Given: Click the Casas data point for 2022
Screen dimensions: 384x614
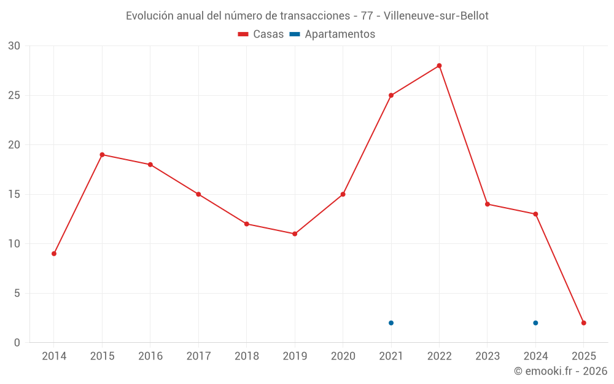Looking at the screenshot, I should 439,66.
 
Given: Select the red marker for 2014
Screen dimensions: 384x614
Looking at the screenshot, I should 54,254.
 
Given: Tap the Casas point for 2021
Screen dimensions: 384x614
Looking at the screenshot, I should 391,95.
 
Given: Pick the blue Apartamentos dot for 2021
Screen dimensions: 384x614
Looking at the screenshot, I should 391,323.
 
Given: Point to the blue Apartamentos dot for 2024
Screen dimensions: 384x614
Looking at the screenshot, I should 535,323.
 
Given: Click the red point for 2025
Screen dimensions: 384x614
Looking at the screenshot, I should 584,323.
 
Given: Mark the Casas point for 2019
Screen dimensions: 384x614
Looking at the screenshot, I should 295,234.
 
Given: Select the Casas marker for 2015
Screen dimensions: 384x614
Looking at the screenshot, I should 102,155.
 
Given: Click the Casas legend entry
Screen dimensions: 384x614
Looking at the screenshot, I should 261,34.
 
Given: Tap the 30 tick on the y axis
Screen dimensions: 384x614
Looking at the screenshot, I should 14,46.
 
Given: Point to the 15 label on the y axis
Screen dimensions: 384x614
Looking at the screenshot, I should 14,195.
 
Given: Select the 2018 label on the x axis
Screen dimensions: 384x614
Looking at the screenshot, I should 246,356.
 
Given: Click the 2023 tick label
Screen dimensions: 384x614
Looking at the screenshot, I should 488,356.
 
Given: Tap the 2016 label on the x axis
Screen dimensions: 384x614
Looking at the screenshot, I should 150,356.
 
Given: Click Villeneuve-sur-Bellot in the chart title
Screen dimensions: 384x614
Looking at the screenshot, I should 436,15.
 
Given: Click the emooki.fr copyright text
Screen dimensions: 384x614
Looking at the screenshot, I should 561,371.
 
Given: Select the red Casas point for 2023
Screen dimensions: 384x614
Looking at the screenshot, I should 488,204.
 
